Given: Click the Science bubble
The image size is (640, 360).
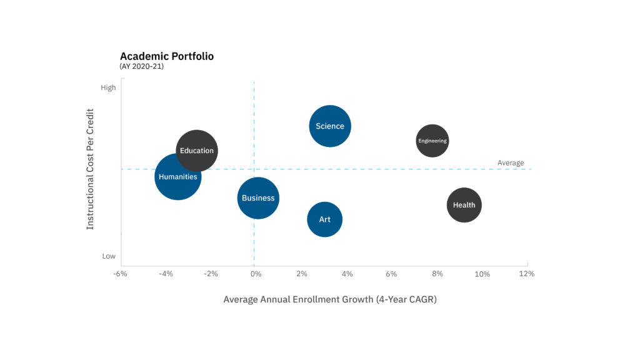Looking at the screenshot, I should tap(330, 126).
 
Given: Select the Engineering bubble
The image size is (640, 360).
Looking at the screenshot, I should tap(432, 141).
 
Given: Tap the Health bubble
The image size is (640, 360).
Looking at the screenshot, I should tap(464, 205).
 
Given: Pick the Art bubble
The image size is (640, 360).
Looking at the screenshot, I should tap(324, 219).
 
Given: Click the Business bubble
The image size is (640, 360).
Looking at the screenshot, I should tap(258, 198).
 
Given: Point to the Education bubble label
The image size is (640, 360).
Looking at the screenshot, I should tap(197, 151).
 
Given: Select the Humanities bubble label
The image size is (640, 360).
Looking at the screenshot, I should tap(178, 177).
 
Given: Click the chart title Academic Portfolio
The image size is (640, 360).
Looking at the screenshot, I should tap(167, 56).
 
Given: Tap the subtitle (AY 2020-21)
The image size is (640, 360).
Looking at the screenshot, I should tap(141, 66).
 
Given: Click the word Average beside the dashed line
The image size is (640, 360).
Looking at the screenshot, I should tap(511, 163).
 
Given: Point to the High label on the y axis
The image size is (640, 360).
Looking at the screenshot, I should tap(108, 88).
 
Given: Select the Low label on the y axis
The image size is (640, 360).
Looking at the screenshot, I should tap(109, 256).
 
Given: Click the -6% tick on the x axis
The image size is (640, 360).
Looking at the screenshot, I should tap(120, 274).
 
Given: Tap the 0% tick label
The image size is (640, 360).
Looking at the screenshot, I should tap(254, 274).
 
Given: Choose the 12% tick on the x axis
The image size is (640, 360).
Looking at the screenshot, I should tap(527, 274).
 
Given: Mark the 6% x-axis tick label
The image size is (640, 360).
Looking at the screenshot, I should tap(391, 274).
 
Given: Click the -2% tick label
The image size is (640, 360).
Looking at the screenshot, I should tap(211, 274).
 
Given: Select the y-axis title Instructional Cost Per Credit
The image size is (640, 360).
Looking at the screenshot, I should tap(91, 169).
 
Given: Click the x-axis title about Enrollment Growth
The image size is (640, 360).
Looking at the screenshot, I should tap(330, 299).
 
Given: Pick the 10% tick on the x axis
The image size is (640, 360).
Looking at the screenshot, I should tap(482, 274).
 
